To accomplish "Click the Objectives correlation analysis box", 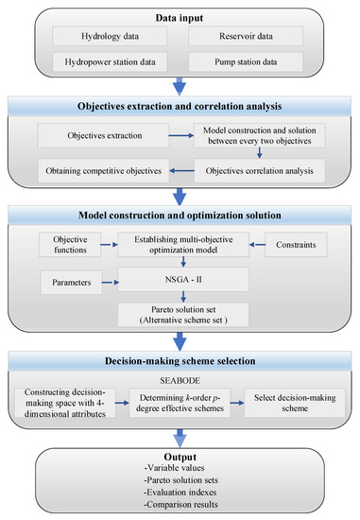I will click(261, 172).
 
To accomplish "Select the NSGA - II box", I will click(180, 280).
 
